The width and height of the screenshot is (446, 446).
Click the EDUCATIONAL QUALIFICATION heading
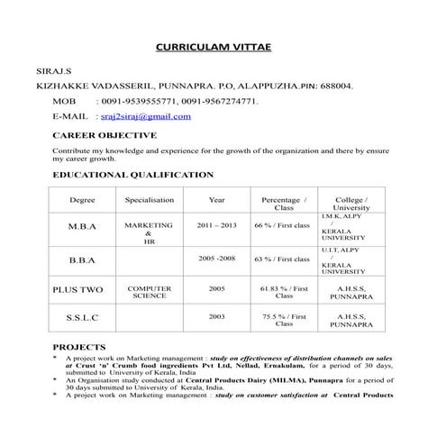pyautogui.click(x=133, y=175)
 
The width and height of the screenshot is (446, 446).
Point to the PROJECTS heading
pyautogui.click(x=79, y=346)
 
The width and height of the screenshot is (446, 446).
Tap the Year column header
pyautogui.click(x=216, y=199)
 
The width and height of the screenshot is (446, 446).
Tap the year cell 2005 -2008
pyautogui.click(x=216, y=258)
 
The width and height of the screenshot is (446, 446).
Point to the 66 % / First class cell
pyautogui.click(x=282, y=224)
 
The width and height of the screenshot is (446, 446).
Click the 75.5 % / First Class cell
pyautogui.click(x=284, y=320)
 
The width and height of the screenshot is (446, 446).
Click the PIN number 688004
pyautogui.click(x=332, y=85)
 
